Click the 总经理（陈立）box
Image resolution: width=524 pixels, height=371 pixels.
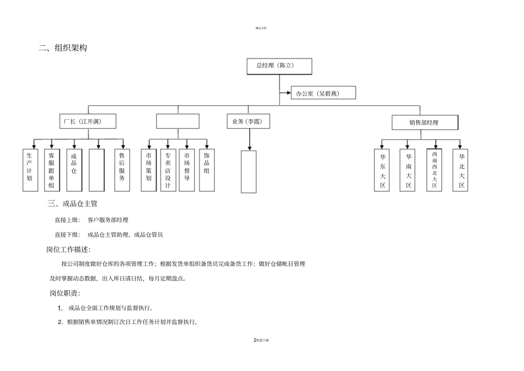tap(279, 66)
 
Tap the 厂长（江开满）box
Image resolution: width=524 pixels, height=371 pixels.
tap(88, 121)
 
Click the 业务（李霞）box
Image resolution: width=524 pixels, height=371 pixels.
tap(248, 121)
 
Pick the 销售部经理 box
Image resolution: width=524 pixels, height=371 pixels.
tap(425, 122)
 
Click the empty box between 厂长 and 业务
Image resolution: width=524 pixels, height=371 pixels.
tap(178, 121)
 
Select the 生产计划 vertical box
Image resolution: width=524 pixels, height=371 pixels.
tap(30, 170)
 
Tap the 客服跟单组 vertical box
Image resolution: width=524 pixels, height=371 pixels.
tap(52, 170)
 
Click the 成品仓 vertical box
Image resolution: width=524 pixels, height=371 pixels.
tap(74, 170)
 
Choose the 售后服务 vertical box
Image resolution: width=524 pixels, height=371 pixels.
tap(122, 170)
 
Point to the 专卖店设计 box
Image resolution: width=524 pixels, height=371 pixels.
tap(168, 170)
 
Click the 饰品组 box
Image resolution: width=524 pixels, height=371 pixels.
tap(206, 170)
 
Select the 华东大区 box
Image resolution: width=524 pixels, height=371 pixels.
tap(382, 170)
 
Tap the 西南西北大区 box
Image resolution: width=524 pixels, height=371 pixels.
tap(435, 170)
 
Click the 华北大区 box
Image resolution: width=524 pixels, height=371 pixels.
tap(461, 170)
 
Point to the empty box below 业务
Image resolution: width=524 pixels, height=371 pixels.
tap(249, 172)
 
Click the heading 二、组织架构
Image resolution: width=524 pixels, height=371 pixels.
tap(63, 49)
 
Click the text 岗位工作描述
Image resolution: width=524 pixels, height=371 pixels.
tap(68, 250)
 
